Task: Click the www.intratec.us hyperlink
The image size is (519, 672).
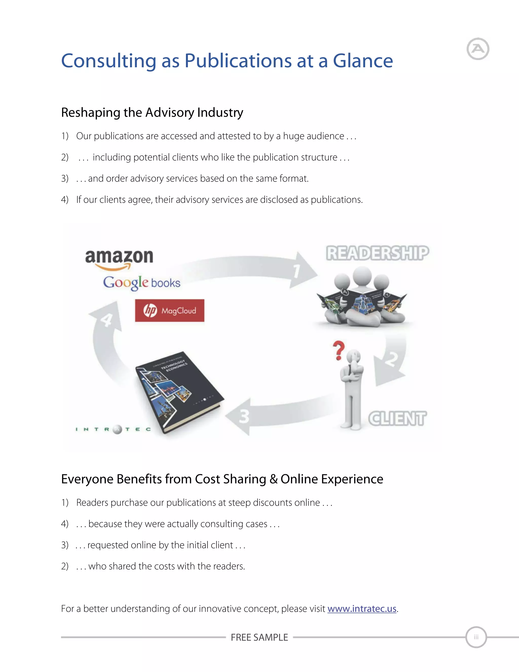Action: [362, 609]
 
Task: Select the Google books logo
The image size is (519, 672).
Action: [141, 283]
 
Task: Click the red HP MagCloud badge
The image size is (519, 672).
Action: [170, 310]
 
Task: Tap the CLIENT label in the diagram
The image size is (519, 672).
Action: [397, 418]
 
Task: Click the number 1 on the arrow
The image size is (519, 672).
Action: [296, 271]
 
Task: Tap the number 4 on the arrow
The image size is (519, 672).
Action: [107, 320]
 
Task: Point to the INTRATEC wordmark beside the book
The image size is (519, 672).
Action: [113, 429]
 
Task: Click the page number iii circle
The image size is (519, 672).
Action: [476, 637]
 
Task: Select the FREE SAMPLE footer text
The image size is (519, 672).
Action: [259, 637]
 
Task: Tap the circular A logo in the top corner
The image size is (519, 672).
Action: [478, 49]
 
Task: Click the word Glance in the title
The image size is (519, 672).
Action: [363, 61]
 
